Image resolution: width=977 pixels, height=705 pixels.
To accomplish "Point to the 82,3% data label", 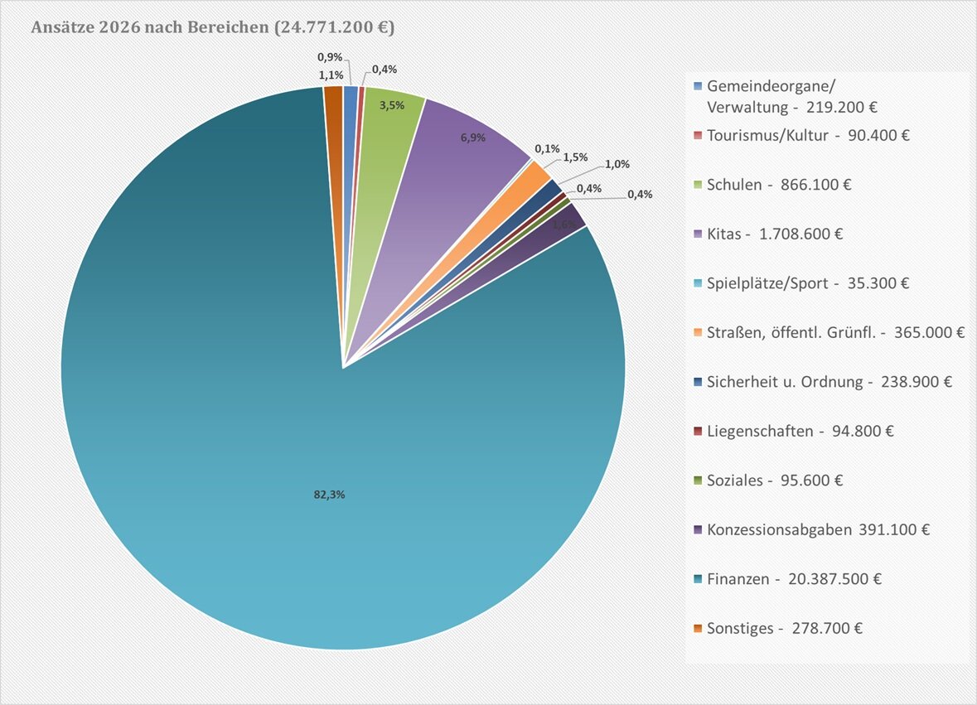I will (x=322, y=495).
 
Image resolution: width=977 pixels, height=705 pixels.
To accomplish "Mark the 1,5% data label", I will (x=575, y=157).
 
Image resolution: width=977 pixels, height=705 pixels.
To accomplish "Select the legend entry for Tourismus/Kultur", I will (x=808, y=135).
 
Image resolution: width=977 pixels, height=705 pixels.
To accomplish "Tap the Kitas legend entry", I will (x=775, y=234).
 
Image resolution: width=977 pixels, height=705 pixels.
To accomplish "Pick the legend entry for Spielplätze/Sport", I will (x=808, y=283).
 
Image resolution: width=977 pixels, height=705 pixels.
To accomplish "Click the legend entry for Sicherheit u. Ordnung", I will (x=829, y=382).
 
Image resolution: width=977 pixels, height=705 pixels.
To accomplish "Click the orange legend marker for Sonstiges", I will (x=698, y=628).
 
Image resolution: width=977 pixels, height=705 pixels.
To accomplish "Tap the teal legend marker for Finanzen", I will (x=698, y=578).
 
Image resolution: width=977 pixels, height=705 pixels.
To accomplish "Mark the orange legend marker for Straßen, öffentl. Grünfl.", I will (x=698, y=332).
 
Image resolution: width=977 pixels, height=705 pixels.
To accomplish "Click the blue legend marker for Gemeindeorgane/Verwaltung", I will (x=698, y=87).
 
